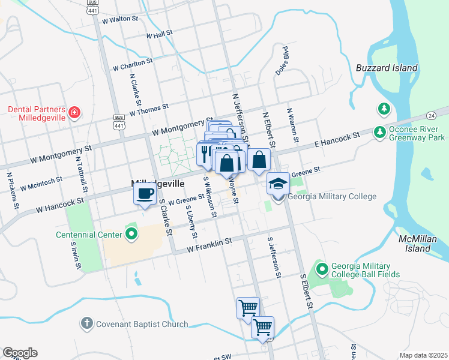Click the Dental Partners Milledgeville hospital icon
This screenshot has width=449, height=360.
pyautogui.click(x=74, y=112)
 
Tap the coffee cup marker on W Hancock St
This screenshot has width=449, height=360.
pyautogui.click(x=144, y=194)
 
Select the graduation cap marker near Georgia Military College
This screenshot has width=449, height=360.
pyautogui.click(x=278, y=183)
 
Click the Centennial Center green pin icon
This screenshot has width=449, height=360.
pyautogui.click(x=131, y=234)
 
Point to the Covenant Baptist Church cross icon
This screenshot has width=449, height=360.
pyautogui.click(x=86, y=324)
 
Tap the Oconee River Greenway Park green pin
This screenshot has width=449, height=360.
pyautogui.click(x=379, y=131)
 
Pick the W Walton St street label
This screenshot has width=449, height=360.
pyautogui.click(x=120, y=19)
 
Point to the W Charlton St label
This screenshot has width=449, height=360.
pyautogui.click(x=133, y=64)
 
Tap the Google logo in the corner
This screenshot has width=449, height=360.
pyautogui.click(x=20, y=353)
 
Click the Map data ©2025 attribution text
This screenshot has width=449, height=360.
pyautogui.click(x=423, y=355)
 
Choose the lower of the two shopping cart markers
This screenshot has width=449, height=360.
pyautogui.click(x=262, y=328)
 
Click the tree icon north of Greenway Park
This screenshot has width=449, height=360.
pyautogui.click(x=383, y=109)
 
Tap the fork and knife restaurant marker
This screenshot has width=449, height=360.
pyautogui.click(x=204, y=154)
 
